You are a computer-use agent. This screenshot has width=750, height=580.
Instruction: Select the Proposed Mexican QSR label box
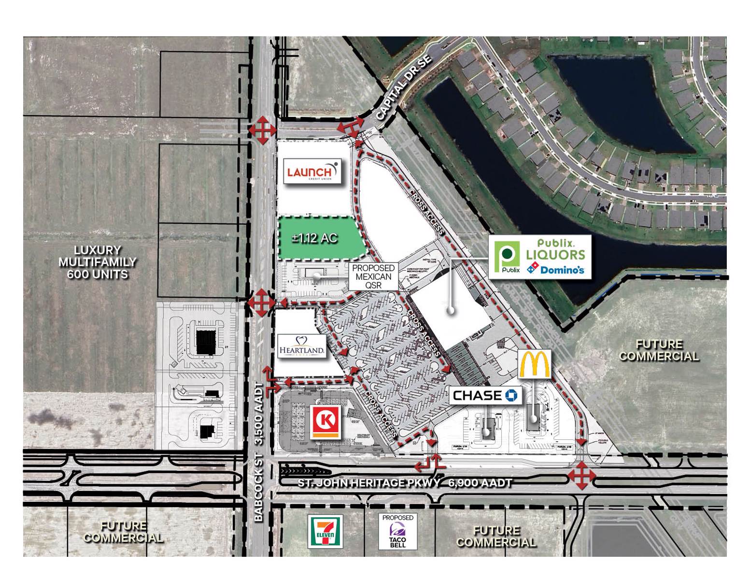pos(373,276)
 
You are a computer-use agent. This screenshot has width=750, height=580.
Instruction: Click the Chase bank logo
pos(485,395)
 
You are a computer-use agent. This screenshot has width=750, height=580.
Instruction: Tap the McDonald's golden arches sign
pos(534,364)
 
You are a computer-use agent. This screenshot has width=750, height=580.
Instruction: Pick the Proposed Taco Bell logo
pos(397,532)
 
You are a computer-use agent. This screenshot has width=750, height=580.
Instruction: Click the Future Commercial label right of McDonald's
pos(659,350)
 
